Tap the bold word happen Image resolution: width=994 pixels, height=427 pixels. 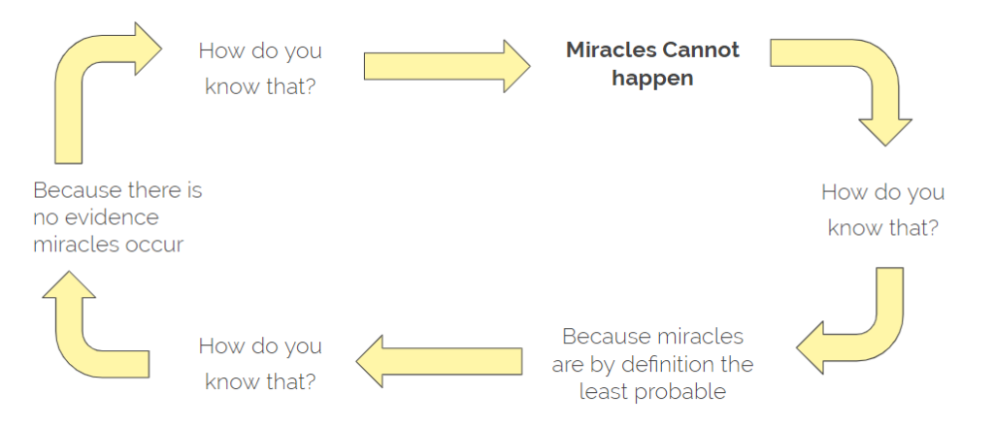tap(652, 79)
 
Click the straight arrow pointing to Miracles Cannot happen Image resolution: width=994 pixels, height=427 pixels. tap(447, 66)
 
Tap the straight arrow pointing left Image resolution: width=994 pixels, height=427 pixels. tap(439, 361)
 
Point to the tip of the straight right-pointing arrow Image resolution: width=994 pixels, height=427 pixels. tap(530, 66)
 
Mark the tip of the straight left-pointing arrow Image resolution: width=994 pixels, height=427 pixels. tap(356, 361)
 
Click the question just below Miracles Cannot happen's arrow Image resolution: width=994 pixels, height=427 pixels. tap(882, 209)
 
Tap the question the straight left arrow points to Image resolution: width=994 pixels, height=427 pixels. tap(260, 364)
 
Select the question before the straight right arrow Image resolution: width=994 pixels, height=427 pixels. tap(260, 68)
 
